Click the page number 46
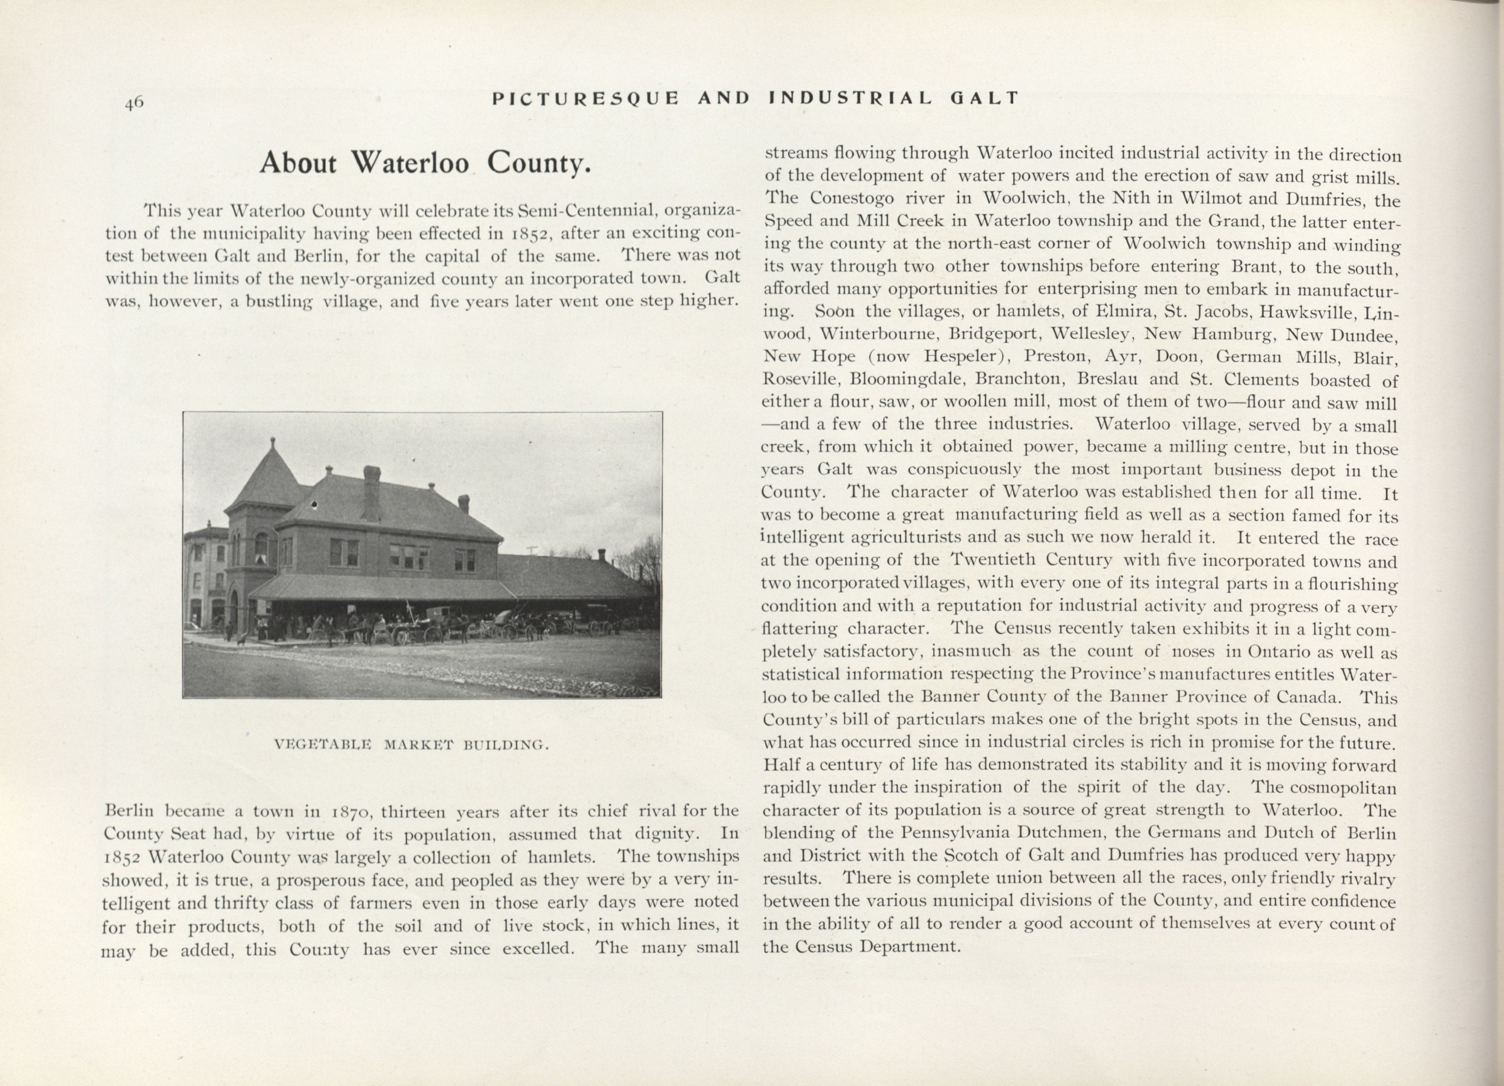134,103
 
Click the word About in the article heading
298,163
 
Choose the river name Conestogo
852,198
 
